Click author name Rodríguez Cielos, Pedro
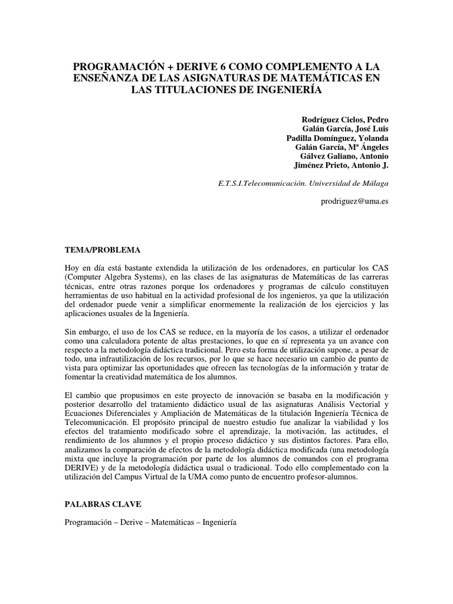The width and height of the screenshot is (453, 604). (345, 119)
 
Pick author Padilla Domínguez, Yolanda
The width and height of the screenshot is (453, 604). (338, 138)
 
